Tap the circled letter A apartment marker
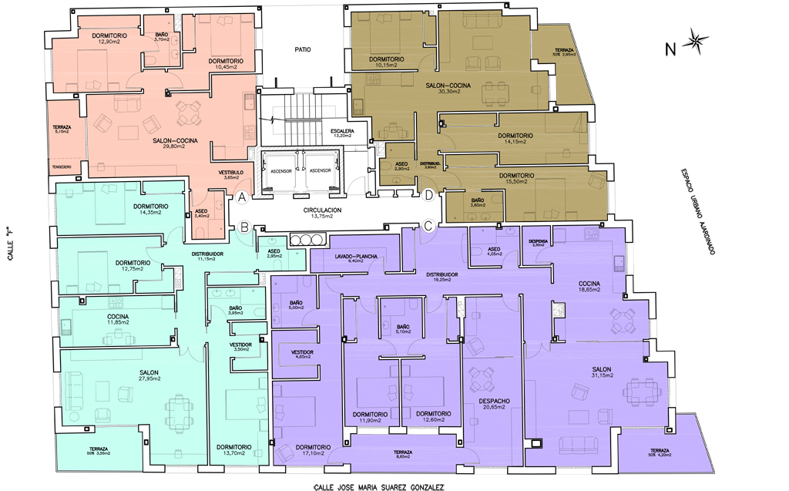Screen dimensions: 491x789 (241, 198)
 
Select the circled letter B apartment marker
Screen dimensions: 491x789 (244, 227)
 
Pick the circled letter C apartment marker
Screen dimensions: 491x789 (428, 226)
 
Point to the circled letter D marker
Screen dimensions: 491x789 (428, 194)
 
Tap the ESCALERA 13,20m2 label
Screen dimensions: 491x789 (342, 133)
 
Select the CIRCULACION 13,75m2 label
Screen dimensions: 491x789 (322, 213)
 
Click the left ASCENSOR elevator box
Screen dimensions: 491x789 (281, 170)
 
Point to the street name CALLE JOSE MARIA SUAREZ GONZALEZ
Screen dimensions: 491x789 (379, 486)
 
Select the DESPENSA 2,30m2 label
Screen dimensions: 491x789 (538, 243)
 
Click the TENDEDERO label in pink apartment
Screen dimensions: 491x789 (66, 166)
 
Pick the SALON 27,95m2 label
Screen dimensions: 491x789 (149, 375)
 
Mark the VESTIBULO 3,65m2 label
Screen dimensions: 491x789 (231, 174)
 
